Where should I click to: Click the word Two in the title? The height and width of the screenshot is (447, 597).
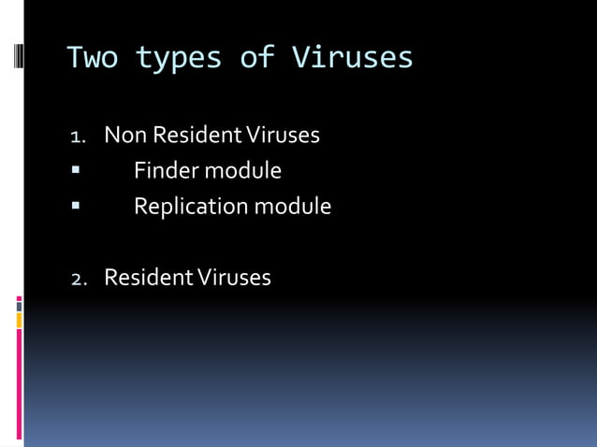pos(92,58)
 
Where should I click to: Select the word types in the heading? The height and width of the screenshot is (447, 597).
pos(179,58)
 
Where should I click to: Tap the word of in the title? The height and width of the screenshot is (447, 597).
pos(256,58)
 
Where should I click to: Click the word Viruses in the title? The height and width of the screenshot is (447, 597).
pos(352,58)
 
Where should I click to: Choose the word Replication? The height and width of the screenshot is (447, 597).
pos(188,207)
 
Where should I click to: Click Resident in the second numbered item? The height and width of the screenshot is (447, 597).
pos(144,278)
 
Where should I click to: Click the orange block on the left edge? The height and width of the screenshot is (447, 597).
pos(19,321)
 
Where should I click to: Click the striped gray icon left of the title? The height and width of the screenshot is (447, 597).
pos(18,57)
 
